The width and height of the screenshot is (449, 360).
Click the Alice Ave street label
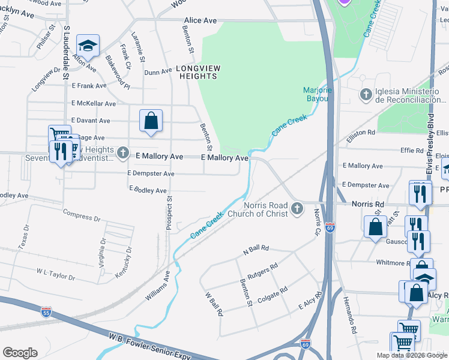200,20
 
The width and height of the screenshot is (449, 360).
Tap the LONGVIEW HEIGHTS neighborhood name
197,73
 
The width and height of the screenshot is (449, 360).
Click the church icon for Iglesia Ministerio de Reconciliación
366,94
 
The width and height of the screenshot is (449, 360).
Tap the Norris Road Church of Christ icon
296,209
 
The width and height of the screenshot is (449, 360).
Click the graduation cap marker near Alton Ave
88,46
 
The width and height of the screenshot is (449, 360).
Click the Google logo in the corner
20,353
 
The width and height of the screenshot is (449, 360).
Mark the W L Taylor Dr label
55,275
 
